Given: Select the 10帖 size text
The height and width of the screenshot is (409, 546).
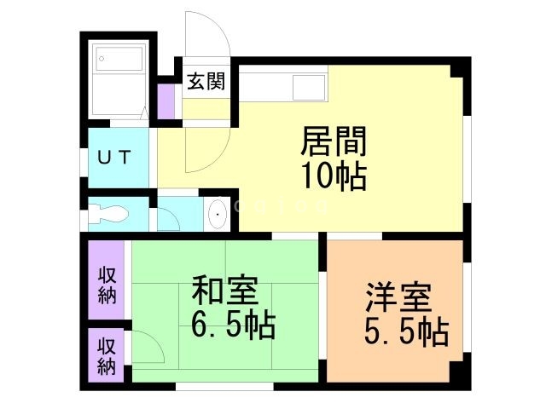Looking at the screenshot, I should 334,176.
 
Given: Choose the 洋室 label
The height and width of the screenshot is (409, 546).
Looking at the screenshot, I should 399,299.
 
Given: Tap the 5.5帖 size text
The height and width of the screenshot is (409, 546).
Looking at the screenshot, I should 406,333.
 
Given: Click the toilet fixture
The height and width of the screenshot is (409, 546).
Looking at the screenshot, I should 111,213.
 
